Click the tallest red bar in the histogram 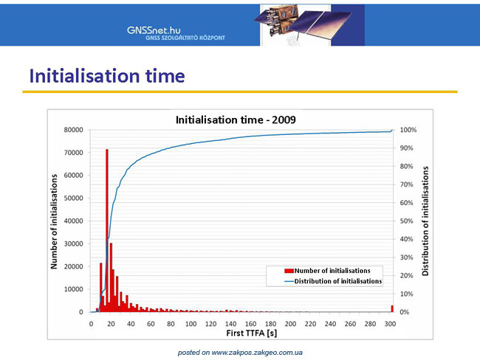tap(107, 231)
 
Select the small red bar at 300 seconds tap(392, 308)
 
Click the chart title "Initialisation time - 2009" tap(236, 120)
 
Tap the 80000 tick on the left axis tap(73, 130)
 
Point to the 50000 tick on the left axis tap(73, 198)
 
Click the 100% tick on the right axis tap(408, 130)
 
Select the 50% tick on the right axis tap(407, 221)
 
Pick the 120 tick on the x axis tap(211, 324)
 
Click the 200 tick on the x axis tap(290, 324)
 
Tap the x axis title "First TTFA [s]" tap(252, 333)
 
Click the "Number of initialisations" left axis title tap(54, 221)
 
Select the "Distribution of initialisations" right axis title tap(425, 221)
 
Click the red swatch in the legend tap(289, 271)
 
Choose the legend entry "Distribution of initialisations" tap(333, 281)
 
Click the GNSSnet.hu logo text tap(154, 30)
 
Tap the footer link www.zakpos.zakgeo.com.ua tap(257, 353)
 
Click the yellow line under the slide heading tap(240, 91)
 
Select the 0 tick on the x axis tap(91, 324)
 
